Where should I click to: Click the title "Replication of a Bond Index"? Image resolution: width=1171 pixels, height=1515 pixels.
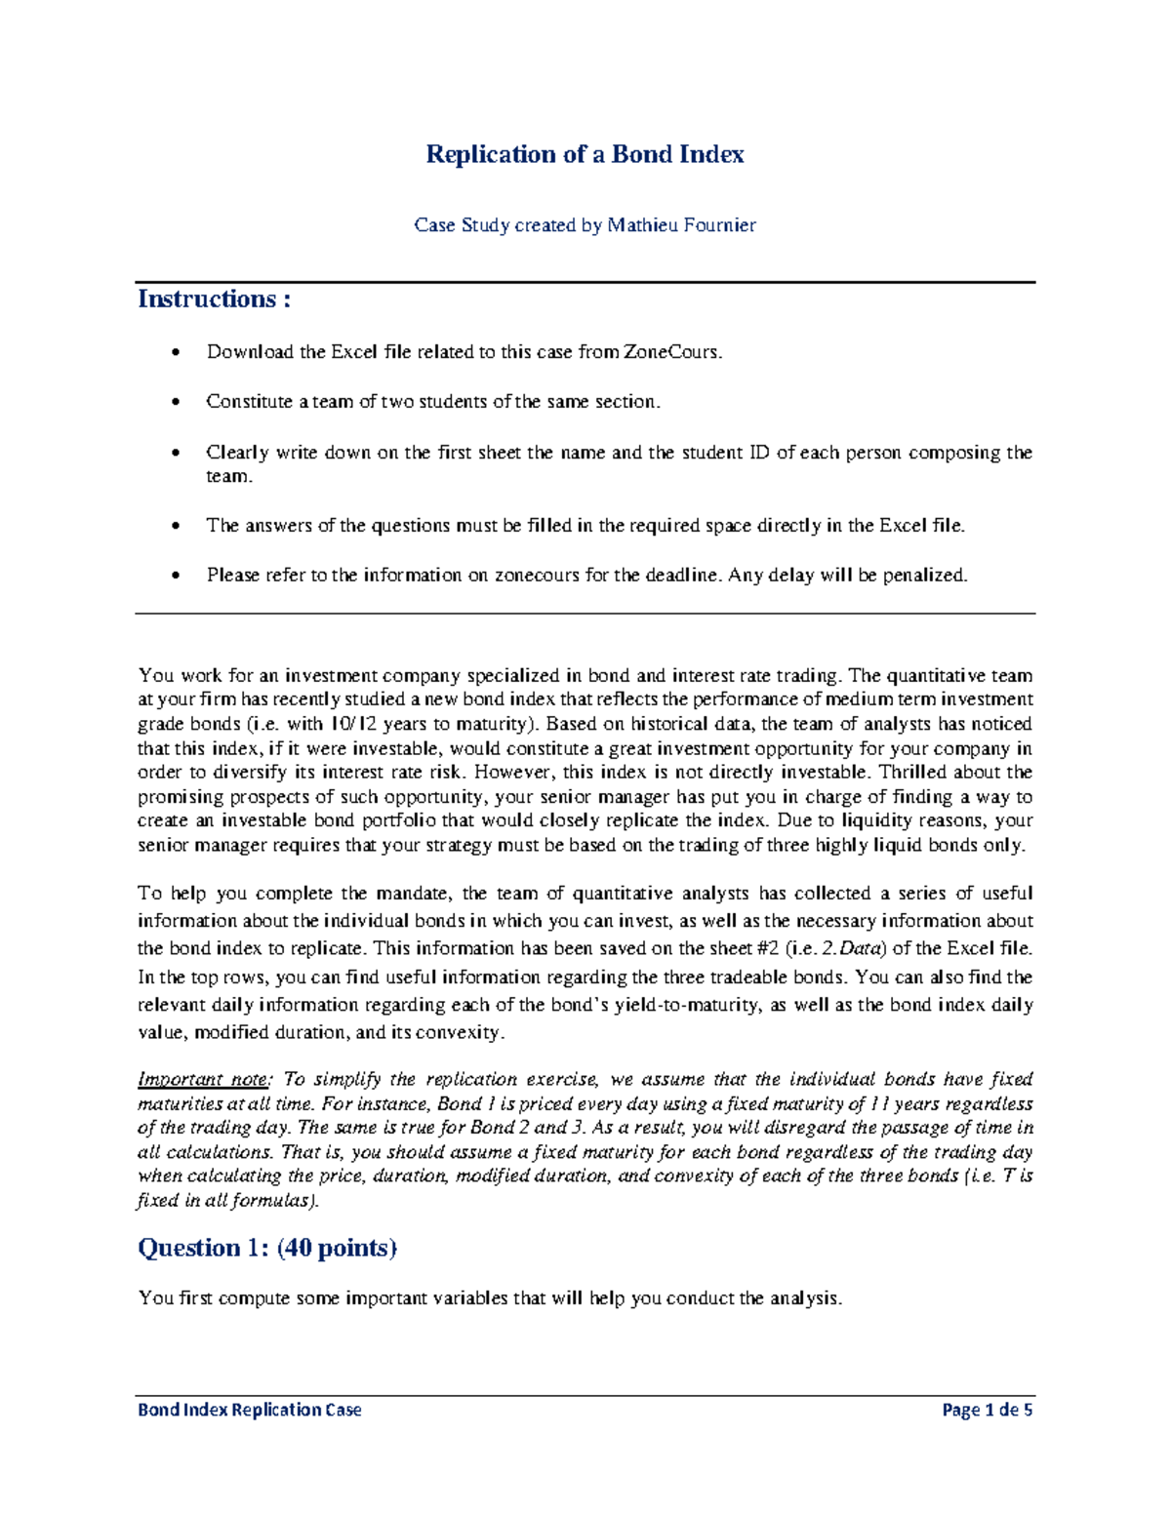click(x=585, y=154)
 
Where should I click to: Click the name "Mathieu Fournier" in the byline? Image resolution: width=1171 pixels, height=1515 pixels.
click(x=681, y=225)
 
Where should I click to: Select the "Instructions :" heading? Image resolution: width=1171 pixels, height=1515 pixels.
click(x=214, y=299)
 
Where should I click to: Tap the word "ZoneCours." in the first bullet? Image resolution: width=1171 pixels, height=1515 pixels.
click(x=672, y=352)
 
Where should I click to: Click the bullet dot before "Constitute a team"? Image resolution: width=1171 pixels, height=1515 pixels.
click(x=176, y=402)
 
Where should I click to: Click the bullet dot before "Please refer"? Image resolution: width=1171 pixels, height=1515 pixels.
click(x=176, y=576)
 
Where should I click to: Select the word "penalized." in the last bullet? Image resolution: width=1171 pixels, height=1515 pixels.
click(x=925, y=575)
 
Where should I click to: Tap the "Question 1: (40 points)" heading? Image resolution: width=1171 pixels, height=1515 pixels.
click(x=267, y=1248)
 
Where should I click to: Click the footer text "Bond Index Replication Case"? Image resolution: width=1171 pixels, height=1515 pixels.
click(x=249, y=1410)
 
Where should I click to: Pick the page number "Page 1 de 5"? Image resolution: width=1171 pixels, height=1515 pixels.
click(x=987, y=1410)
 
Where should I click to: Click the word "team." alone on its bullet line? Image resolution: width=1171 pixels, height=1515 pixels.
click(x=228, y=476)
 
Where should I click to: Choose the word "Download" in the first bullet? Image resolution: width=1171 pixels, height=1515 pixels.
click(x=250, y=352)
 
